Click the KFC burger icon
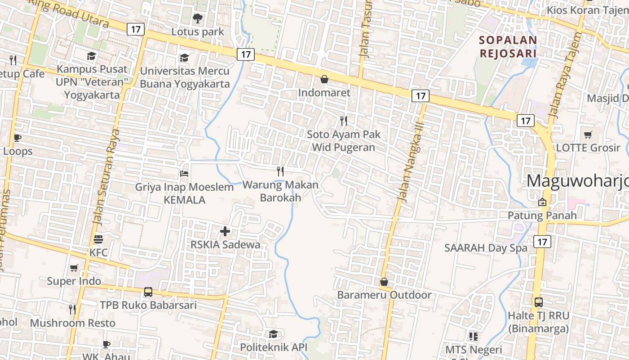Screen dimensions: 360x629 point(98,239)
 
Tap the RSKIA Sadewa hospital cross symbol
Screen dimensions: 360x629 point(225,231)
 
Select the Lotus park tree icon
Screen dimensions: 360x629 point(197,18)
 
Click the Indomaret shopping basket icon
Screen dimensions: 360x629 point(324,80)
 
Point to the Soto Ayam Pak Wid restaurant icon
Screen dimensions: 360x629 point(344,121)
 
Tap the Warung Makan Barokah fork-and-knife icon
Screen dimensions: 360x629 point(280,171)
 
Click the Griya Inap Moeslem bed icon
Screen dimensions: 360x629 point(184,174)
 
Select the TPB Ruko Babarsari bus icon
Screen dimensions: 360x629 point(148,292)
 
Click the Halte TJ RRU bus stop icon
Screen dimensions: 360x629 point(538,302)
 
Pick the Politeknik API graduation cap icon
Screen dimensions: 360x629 point(273,334)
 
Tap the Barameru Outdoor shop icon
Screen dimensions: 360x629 point(384,282)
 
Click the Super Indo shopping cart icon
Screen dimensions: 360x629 point(74,268)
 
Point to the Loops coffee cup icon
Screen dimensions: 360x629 point(18,138)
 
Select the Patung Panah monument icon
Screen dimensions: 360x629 point(542,202)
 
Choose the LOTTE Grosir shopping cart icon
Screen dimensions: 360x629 point(588,135)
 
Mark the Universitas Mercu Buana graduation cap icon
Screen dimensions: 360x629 point(184,58)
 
